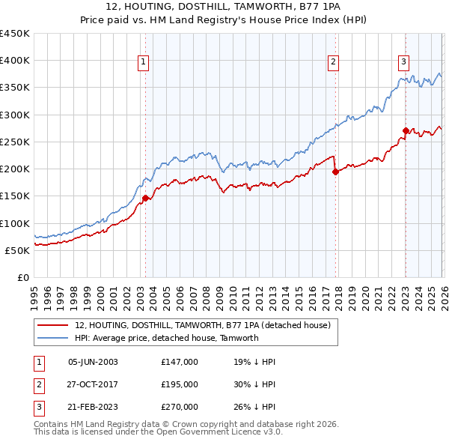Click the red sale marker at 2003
click(x=145, y=198)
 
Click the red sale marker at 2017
click(x=335, y=172)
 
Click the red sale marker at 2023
click(x=406, y=130)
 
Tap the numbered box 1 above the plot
click(x=142, y=62)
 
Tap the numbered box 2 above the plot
click(x=332, y=62)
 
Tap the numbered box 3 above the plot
click(x=403, y=62)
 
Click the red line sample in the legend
click(x=54, y=325)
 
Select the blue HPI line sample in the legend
click(x=54, y=338)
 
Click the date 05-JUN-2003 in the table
click(x=93, y=361)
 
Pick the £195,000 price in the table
click(x=180, y=384)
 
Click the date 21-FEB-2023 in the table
click(x=93, y=407)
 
